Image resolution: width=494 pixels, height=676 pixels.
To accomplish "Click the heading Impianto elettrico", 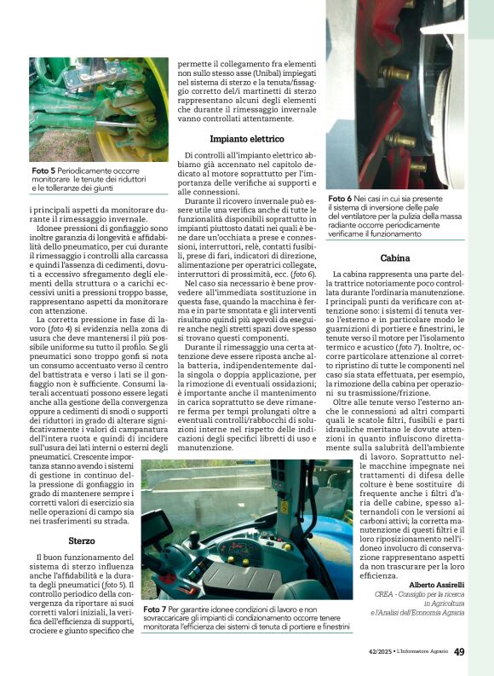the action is pyautogui.click(x=247, y=138).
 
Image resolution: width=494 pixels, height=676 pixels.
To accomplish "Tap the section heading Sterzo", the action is pyautogui.click(x=82, y=540).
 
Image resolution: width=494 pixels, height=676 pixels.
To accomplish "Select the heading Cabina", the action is pyautogui.click(x=395, y=257).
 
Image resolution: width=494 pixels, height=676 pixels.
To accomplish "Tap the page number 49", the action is pyautogui.click(x=459, y=652).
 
